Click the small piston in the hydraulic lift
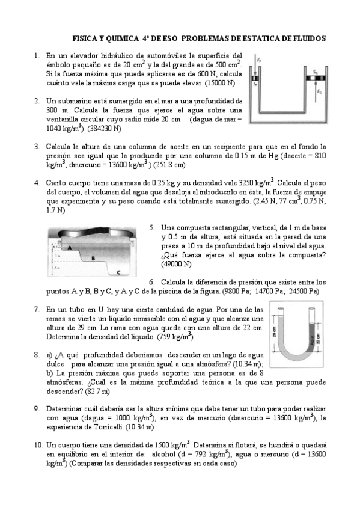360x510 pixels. pyautogui.click(x=255, y=78)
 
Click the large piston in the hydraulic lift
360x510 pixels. pyautogui.click(x=316, y=78)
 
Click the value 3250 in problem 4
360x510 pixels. pyautogui.click(x=247, y=183)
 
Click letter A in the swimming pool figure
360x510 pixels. pyautogui.click(x=69, y=248)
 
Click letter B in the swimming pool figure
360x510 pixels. pyautogui.click(x=93, y=259)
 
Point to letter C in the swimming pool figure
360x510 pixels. pyautogui.click(x=118, y=272)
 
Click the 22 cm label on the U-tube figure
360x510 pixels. pyautogui.click(x=318, y=339)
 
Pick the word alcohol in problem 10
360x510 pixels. pyautogui.click(x=163, y=454)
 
